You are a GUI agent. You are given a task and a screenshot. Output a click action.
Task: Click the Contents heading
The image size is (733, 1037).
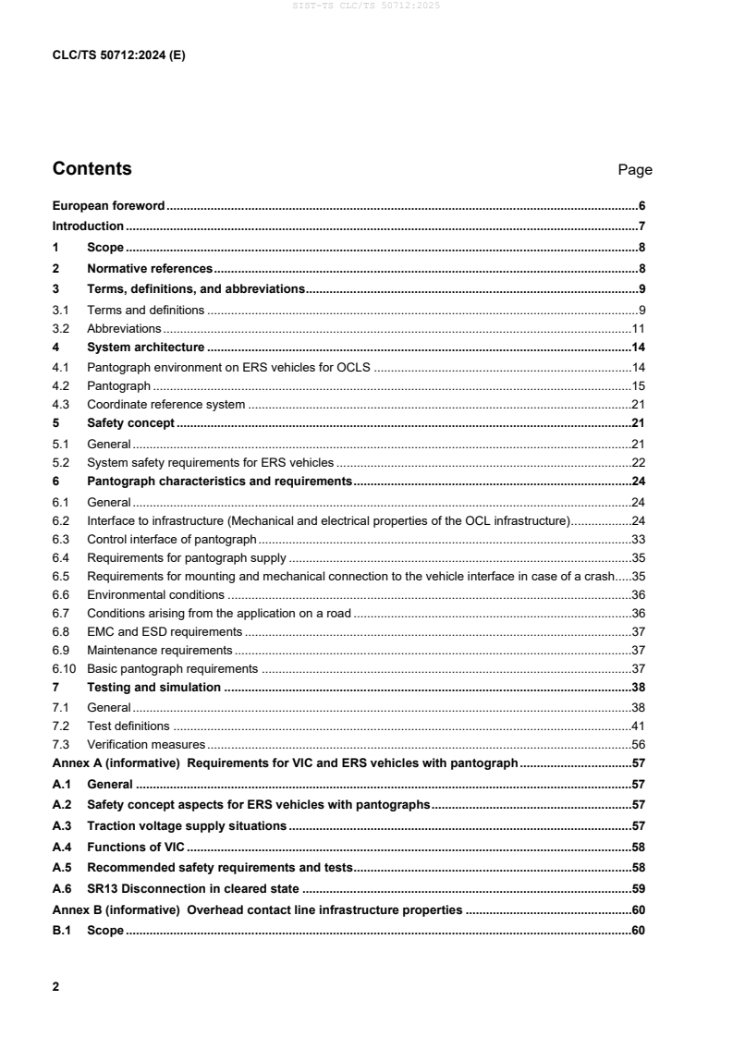pyautogui.click(x=92, y=169)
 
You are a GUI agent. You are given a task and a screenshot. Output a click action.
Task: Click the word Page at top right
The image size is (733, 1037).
pyautogui.click(x=635, y=170)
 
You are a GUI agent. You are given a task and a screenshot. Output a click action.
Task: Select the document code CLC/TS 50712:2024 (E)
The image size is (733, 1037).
pyautogui.click(x=119, y=55)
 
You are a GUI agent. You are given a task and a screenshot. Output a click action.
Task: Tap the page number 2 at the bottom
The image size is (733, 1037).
pyautogui.click(x=56, y=987)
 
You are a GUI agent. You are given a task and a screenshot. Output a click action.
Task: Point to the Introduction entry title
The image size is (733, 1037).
pyautogui.click(x=88, y=226)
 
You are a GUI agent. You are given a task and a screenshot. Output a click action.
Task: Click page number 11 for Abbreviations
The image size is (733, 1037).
pyautogui.click(x=638, y=328)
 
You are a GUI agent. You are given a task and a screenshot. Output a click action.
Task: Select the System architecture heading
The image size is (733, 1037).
pyautogui.click(x=145, y=348)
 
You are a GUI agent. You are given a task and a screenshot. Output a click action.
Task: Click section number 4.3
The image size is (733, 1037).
pyautogui.click(x=60, y=404)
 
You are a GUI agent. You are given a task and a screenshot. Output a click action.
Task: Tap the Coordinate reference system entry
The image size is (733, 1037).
pyautogui.click(x=166, y=404)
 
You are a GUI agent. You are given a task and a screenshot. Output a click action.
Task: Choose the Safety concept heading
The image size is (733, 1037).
pyautogui.click(x=130, y=423)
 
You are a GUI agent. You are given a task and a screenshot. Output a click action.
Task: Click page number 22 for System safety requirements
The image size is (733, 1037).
pyautogui.click(x=638, y=462)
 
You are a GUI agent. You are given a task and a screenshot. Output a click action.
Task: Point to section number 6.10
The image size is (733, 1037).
pyautogui.click(x=63, y=668)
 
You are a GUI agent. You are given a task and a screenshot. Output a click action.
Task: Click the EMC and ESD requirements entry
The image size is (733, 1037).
pyautogui.click(x=165, y=631)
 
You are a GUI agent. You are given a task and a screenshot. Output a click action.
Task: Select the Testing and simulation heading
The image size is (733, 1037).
pyautogui.click(x=153, y=687)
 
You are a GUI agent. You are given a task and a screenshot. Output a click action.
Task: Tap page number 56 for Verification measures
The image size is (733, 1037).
pyautogui.click(x=638, y=744)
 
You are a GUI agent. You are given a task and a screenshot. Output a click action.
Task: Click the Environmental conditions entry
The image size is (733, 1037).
pyautogui.click(x=155, y=594)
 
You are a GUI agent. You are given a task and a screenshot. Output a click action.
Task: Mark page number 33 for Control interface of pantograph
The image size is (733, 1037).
pyautogui.click(x=638, y=539)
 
